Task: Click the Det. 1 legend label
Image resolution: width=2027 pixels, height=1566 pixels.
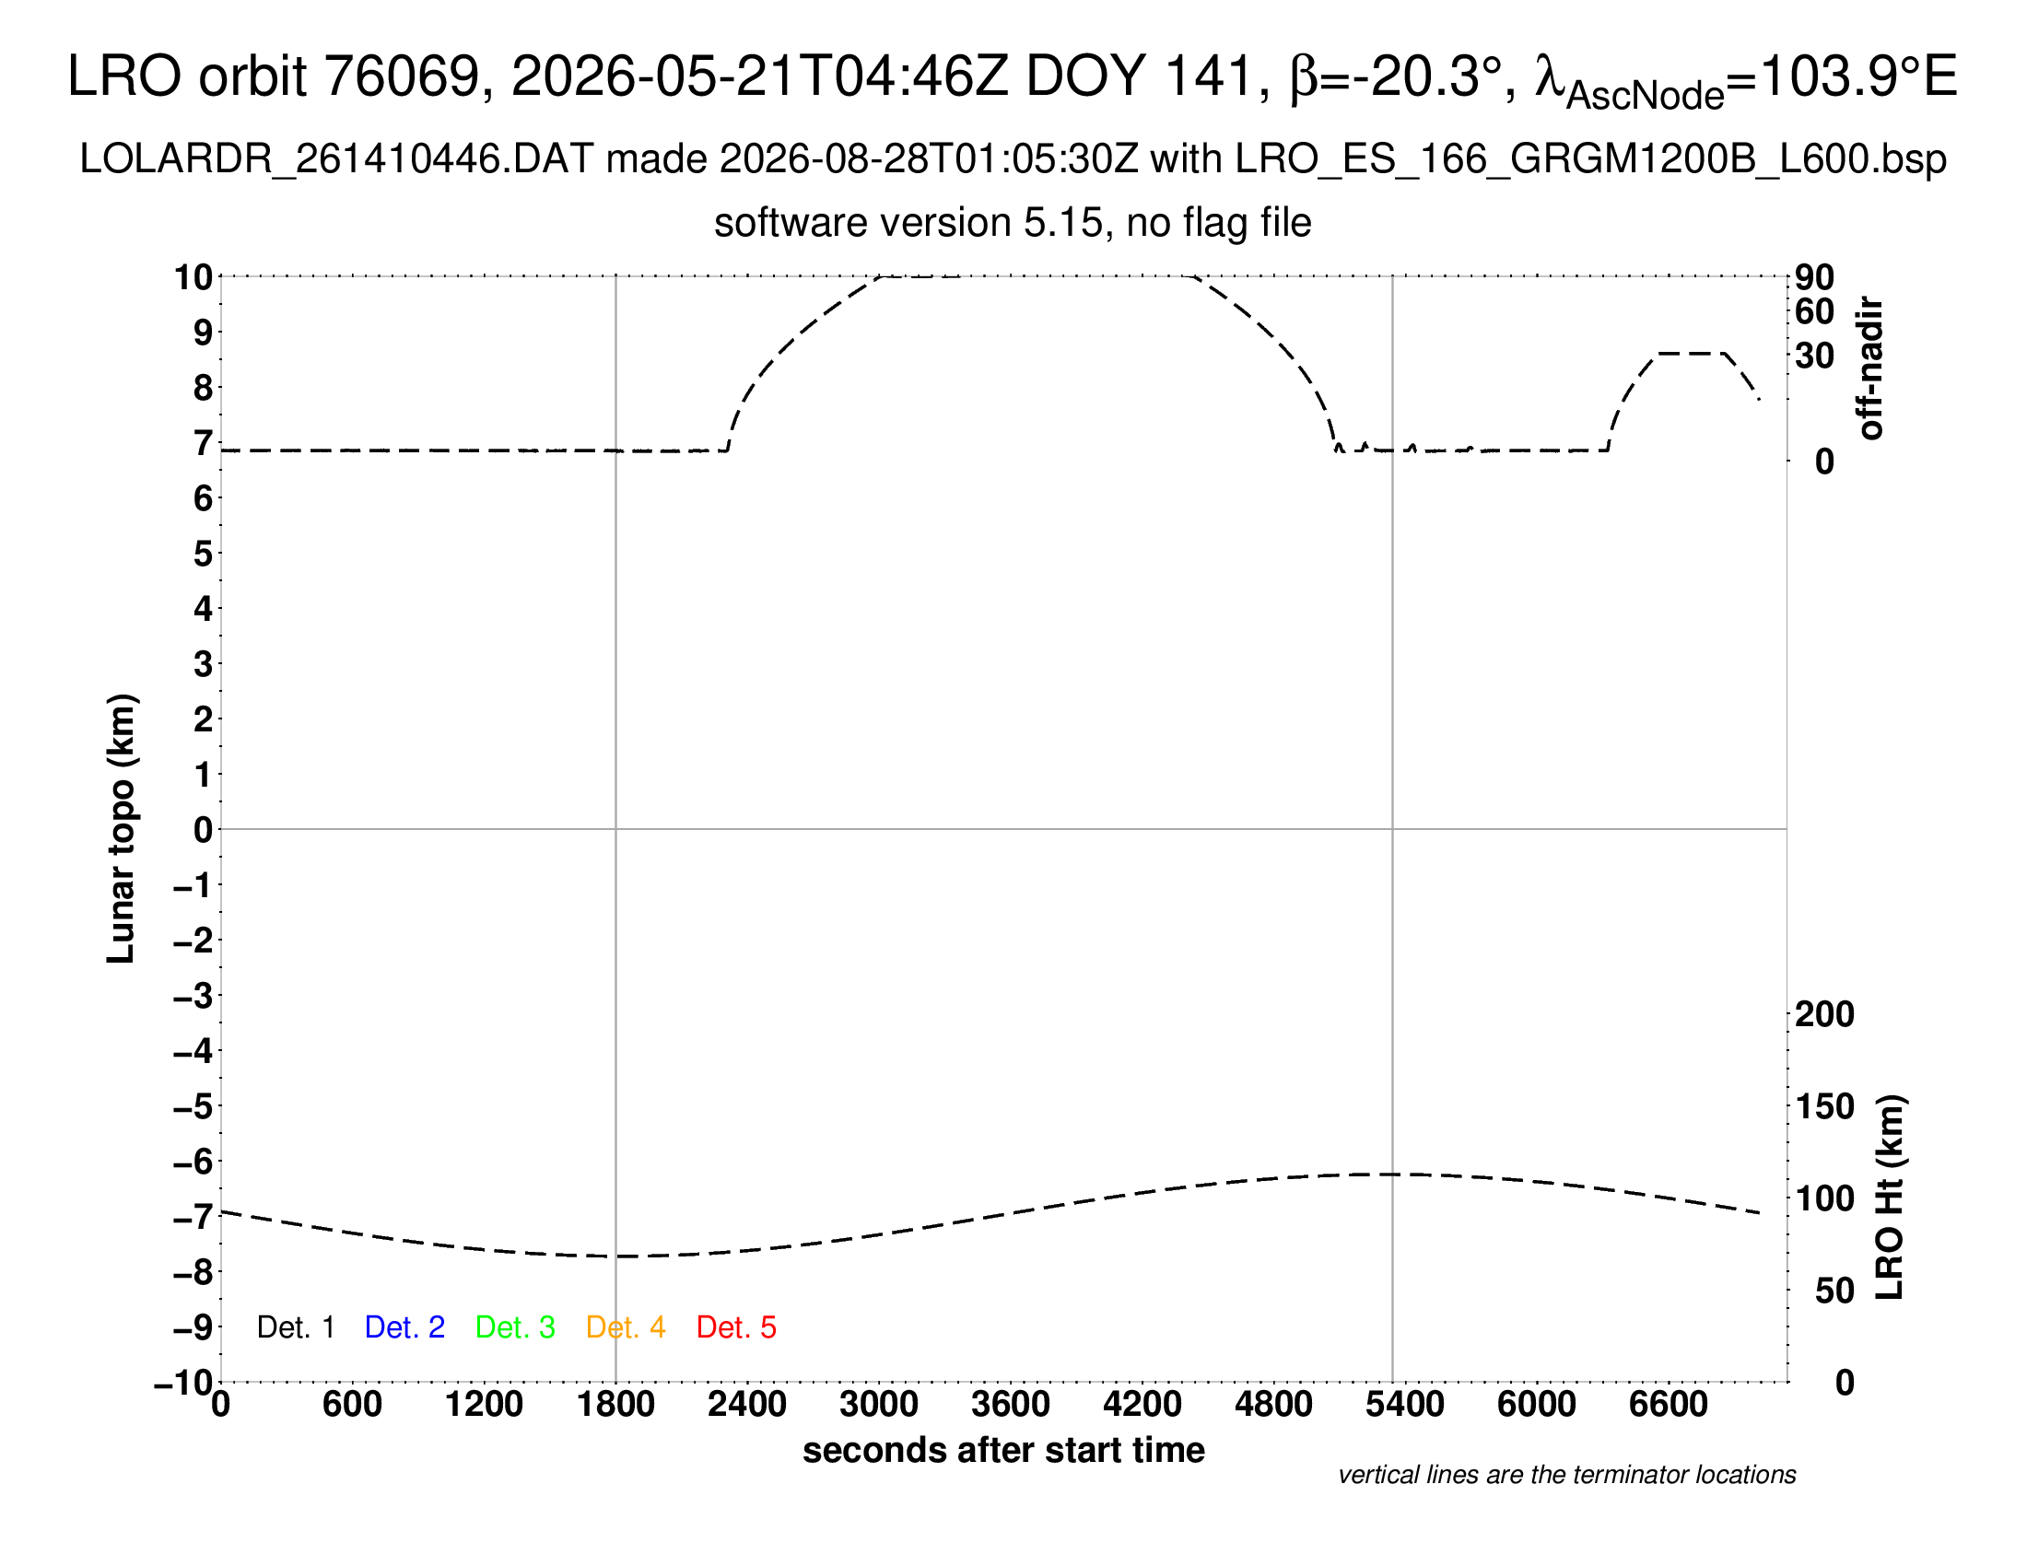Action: [x=295, y=1327]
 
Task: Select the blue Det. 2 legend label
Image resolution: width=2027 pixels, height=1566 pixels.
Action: [x=404, y=1327]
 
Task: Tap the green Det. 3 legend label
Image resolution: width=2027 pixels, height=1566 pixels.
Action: [x=515, y=1327]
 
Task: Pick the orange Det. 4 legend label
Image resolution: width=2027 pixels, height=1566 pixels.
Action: [x=626, y=1327]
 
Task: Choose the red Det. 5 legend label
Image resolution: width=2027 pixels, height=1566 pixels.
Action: [x=736, y=1327]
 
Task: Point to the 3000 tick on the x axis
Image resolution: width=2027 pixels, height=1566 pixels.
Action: [x=879, y=1405]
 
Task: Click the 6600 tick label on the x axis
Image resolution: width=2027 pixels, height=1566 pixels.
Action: [x=1669, y=1405]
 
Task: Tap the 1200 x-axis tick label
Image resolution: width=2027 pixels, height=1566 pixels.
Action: [x=484, y=1405]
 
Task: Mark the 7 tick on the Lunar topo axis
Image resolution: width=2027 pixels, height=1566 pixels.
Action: [x=204, y=443]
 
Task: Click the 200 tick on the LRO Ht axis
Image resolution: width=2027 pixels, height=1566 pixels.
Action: [x=1824, y=1014]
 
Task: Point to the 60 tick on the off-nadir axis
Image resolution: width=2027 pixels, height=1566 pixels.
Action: [x=1814, y=311]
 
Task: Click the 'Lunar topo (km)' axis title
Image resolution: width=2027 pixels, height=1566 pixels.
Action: [x=121, y=828]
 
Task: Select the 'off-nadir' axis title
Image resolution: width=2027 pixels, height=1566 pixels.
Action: [x=1871, y=368]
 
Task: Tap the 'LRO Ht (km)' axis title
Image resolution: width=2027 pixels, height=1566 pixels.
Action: [x=1890, y=1198]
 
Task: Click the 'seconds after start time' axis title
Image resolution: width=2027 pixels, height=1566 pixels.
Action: [x=1003, y=1451]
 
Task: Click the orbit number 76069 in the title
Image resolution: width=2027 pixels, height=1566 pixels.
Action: [x=408, y=76]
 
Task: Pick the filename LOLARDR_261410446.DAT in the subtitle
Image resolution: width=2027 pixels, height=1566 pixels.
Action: [x=336, y=159]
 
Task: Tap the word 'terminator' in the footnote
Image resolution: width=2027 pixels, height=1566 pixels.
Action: [x=1614, y=1475]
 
